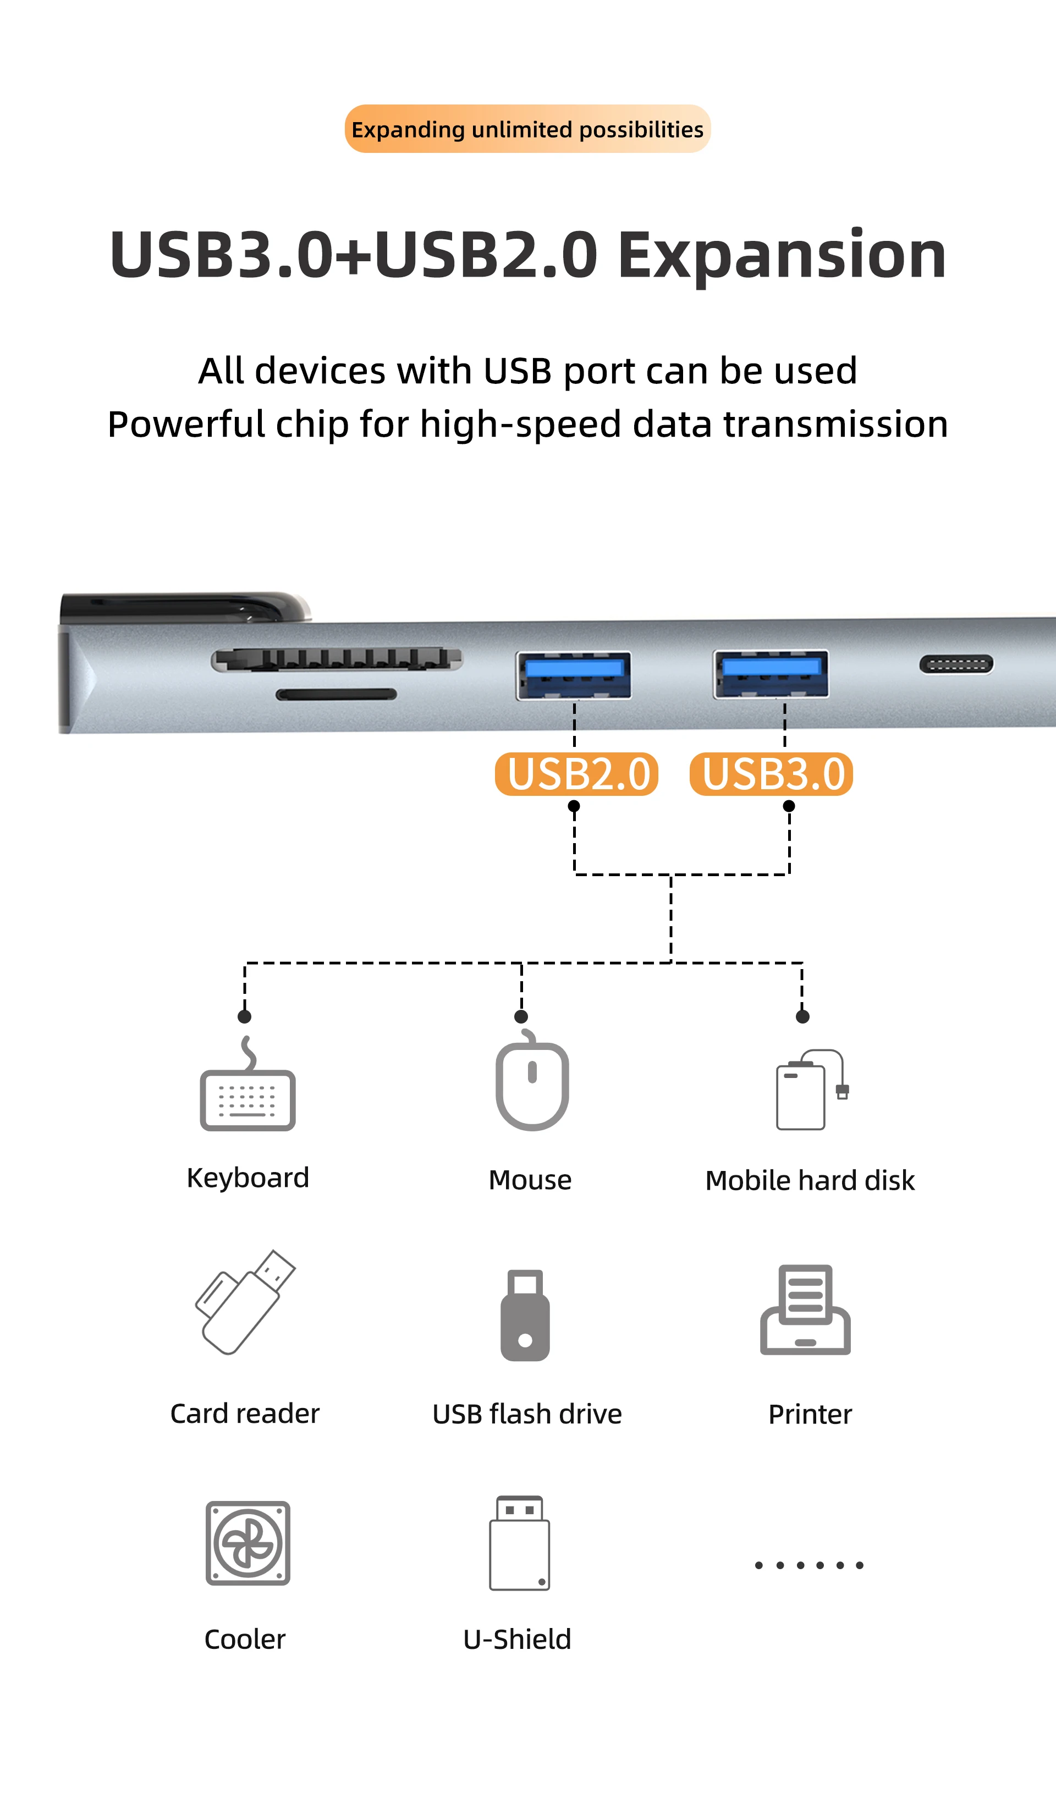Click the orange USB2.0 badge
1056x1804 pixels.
(576, 774)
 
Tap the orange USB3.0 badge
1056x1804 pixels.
(771, 774)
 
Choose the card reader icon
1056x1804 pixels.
(244, 1302)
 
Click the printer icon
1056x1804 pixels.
(805, 1310)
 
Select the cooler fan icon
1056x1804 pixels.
(248, 1543)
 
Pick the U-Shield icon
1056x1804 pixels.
(520, 1543)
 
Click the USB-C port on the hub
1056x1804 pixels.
(956, 664)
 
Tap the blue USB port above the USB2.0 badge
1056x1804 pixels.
(574, 674)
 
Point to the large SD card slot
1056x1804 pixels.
(337, 659)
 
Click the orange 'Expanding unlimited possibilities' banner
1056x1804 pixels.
(527, 129)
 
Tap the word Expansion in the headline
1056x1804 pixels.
(782, 256)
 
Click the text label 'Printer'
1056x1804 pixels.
(810, 1415)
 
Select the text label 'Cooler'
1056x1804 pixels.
(245, 1640)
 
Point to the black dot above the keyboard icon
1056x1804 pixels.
(244, 1016)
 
